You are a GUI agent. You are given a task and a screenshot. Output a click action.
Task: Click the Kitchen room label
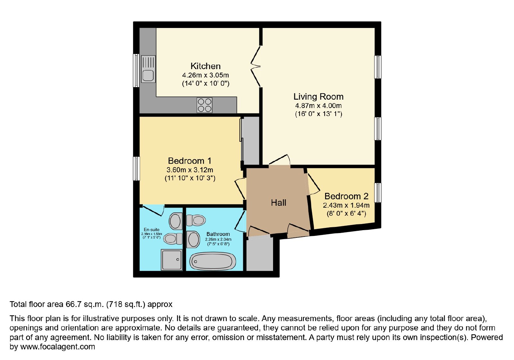pyautogui.click(x=205, y=66)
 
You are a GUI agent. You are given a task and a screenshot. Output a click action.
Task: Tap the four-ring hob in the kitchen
pyautogui.click(x=204, y=105)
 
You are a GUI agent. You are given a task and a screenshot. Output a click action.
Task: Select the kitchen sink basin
pyautogui.click(x=148, y=76)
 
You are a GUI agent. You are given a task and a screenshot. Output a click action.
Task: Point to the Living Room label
pyautogui.click(x=318, y=97)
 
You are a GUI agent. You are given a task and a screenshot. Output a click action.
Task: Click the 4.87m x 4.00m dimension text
pyautogui.click(x=318, y=106)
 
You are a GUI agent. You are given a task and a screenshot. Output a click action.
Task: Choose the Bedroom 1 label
pyautogui.click(x=190, y=161)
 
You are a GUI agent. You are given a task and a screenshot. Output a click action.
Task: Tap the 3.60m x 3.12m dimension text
pyautogui.click(x=190, y=170)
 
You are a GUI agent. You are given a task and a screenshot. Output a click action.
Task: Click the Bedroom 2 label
pyautogui.click(x=346, y=196)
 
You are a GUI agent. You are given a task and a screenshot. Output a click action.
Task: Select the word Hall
pyautogui.click(x=279, y=203)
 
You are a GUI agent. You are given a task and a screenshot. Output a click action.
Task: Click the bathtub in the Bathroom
pyautogui.click(x=212, y=261)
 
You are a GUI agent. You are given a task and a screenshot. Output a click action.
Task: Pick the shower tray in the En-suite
pyautogui.click(x=172, y=260)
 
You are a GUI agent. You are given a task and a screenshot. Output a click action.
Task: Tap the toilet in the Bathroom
pyautogui.click(x=196, y=221)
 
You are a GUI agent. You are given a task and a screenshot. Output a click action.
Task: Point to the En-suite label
pyautogui.click(x=151, y=230)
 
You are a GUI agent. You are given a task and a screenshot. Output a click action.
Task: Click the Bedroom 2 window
pyautogui.click(x=378, y=193)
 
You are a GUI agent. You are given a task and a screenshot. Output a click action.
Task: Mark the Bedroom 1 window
pyautogui.click(x=136, y=168)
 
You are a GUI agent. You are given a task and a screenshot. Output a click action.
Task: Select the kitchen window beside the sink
pyautogui.click(x=136, y=71)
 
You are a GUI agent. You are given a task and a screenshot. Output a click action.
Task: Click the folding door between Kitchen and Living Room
pyautogui.click(x=256, y=67)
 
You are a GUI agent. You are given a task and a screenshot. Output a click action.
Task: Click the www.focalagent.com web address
pyautogui.click(x=58, y=347)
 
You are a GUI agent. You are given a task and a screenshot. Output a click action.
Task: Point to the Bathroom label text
pyautogui.click(x=218, y=234)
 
